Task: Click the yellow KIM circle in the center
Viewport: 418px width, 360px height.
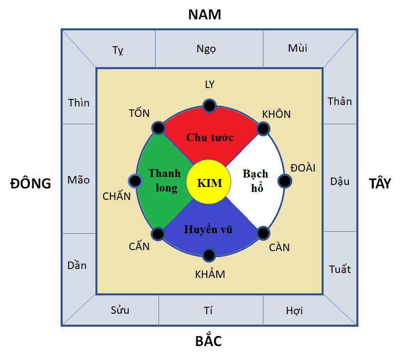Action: point(210,182)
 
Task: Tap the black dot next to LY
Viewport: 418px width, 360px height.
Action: point(210,105)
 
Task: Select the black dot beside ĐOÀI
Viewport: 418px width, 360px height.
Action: point(284,181)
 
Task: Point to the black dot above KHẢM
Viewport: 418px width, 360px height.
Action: point(210,255)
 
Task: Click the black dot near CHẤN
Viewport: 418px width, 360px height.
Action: point(134,181)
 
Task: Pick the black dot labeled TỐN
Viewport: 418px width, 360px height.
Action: point(158,128)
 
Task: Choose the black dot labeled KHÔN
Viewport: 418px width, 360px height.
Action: point(263,129)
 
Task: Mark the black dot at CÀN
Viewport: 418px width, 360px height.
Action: point(263,233)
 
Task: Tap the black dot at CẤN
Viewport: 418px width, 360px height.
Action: point(158,233)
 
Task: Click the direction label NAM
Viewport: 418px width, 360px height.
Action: point(204,14)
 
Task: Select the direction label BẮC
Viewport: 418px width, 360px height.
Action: point(208,342)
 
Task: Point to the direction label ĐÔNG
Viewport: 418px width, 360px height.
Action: point(31,183)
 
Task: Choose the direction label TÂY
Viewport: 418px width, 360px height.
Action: point(380,183)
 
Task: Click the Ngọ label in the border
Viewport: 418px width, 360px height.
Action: point(206,49)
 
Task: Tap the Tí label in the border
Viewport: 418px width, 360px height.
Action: point(208,311)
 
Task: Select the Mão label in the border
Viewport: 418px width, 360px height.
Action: point(79,180)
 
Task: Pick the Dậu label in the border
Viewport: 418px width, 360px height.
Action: point(340,181)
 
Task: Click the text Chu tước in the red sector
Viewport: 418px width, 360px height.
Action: point(210,137)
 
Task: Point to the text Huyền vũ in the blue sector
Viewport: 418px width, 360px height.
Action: point(208,230)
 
